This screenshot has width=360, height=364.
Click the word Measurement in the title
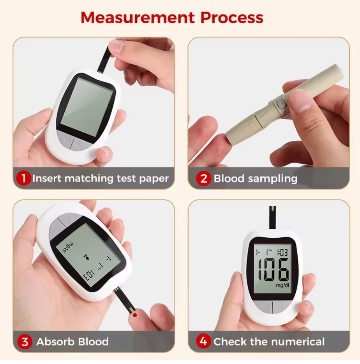138,18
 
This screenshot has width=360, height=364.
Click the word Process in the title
232,18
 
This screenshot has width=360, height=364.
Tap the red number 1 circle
24,179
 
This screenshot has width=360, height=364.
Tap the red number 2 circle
204,179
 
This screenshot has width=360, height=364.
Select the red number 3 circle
25,342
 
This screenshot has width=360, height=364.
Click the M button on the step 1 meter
65,138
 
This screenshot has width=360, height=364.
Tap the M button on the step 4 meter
265,307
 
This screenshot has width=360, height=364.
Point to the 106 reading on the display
272,270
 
